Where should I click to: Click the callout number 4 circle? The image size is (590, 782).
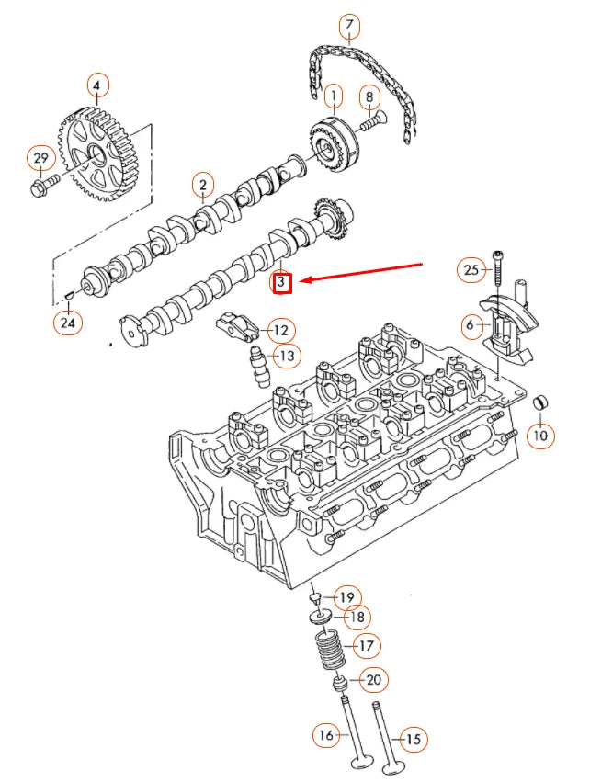[97, 86]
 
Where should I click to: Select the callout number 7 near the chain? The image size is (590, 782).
[349, 27]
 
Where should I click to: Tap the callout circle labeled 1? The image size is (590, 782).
[332, 94]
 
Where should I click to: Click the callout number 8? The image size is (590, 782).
[369, 96]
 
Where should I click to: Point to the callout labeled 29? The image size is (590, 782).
[40, 159]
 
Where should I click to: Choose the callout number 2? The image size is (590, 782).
[202, 187]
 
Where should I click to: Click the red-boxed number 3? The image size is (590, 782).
[282, 283]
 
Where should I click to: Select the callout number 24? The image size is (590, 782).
[66, 322]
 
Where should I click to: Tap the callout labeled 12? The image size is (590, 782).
[279, 330]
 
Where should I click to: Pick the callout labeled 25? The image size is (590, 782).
[471, 269]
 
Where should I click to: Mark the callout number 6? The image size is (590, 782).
[470, 324]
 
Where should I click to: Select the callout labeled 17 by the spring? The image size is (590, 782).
[366, 646]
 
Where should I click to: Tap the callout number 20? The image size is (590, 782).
[373, 680]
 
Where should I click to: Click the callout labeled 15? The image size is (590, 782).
[414, 738]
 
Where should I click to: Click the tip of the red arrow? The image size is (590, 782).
[301, 281]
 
